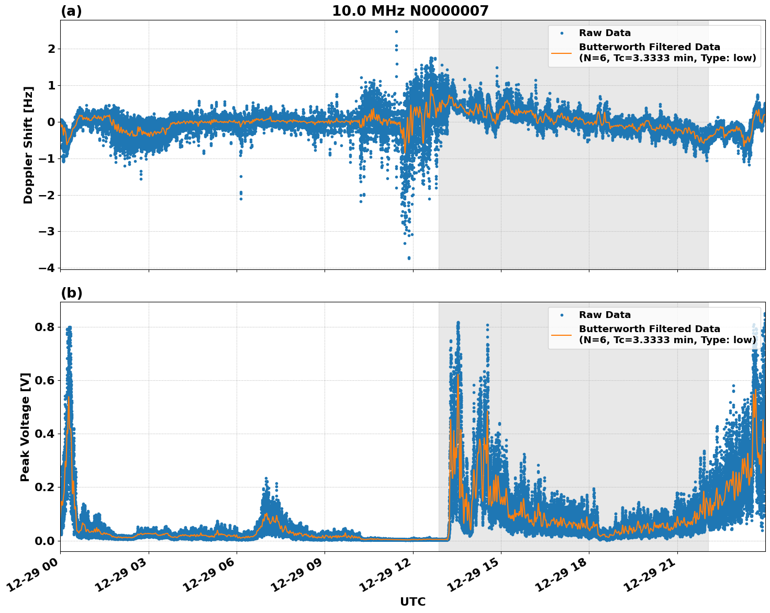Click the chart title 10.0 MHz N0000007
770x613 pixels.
coord(410,11)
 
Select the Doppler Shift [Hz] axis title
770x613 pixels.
coord(28,145)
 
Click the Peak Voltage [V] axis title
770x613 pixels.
coord(25,427)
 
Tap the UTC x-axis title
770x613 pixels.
coord(412,602)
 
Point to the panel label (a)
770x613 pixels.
coord(71,11)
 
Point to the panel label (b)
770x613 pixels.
coord(71,293)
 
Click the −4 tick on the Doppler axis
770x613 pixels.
coord(46,268)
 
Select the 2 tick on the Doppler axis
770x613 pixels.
coord(51,49)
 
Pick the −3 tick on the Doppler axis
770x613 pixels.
coord(46,231)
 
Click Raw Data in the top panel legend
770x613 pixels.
coord(605,33)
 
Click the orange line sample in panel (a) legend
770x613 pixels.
coord(562,52)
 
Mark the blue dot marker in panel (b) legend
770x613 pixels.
coord(562,315)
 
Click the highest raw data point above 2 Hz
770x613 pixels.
coord(396,31)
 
